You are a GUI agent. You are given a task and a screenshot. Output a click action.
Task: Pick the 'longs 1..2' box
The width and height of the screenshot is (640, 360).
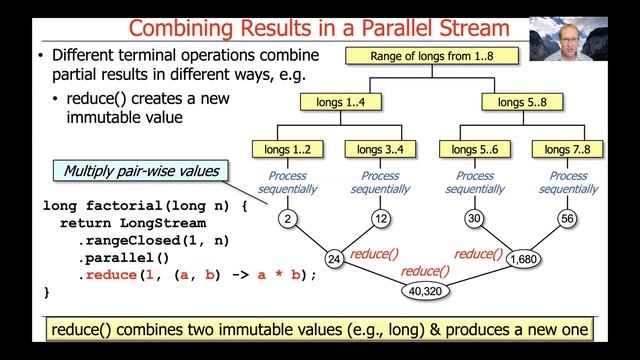pyautogui.click(x=287, y=150)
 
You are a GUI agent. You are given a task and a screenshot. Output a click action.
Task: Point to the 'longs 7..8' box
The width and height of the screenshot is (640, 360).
pyautogui.click(x=567, y=150)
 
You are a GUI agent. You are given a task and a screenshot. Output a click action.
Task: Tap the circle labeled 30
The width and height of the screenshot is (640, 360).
pyautogui.click(x=476, y=219)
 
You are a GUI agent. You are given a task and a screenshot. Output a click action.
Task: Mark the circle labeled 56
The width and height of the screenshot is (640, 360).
pyautogui.click(x=566, y=219)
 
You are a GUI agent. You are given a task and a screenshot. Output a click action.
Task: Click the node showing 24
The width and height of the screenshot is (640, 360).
pyautogui.click(x=335, y=260)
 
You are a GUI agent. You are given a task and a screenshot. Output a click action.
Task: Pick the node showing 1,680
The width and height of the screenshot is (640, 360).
pyautogui.click(x=522, y=260)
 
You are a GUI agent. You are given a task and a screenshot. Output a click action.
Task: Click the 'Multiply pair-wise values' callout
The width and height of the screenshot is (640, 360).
pyautogui.click(x=140, y=171)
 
